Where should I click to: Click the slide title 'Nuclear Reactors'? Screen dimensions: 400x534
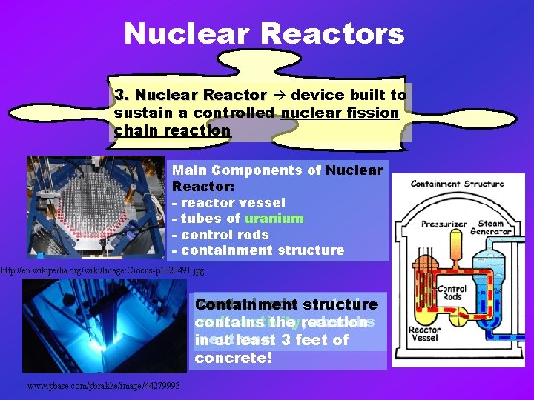point(264,34)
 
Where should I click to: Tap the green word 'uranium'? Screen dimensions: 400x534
point(274,218)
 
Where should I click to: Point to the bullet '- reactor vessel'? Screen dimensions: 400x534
point(228,202)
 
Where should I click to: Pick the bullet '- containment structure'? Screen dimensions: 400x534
point(258,250)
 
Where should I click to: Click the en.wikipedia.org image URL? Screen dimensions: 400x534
point(102,271)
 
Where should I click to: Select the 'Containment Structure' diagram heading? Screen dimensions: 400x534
point(457,184)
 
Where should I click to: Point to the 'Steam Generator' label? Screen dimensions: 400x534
point(490,227)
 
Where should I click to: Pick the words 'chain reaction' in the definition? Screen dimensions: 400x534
point(172,130)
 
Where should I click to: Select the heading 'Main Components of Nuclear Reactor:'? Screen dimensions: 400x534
point(277,178)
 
